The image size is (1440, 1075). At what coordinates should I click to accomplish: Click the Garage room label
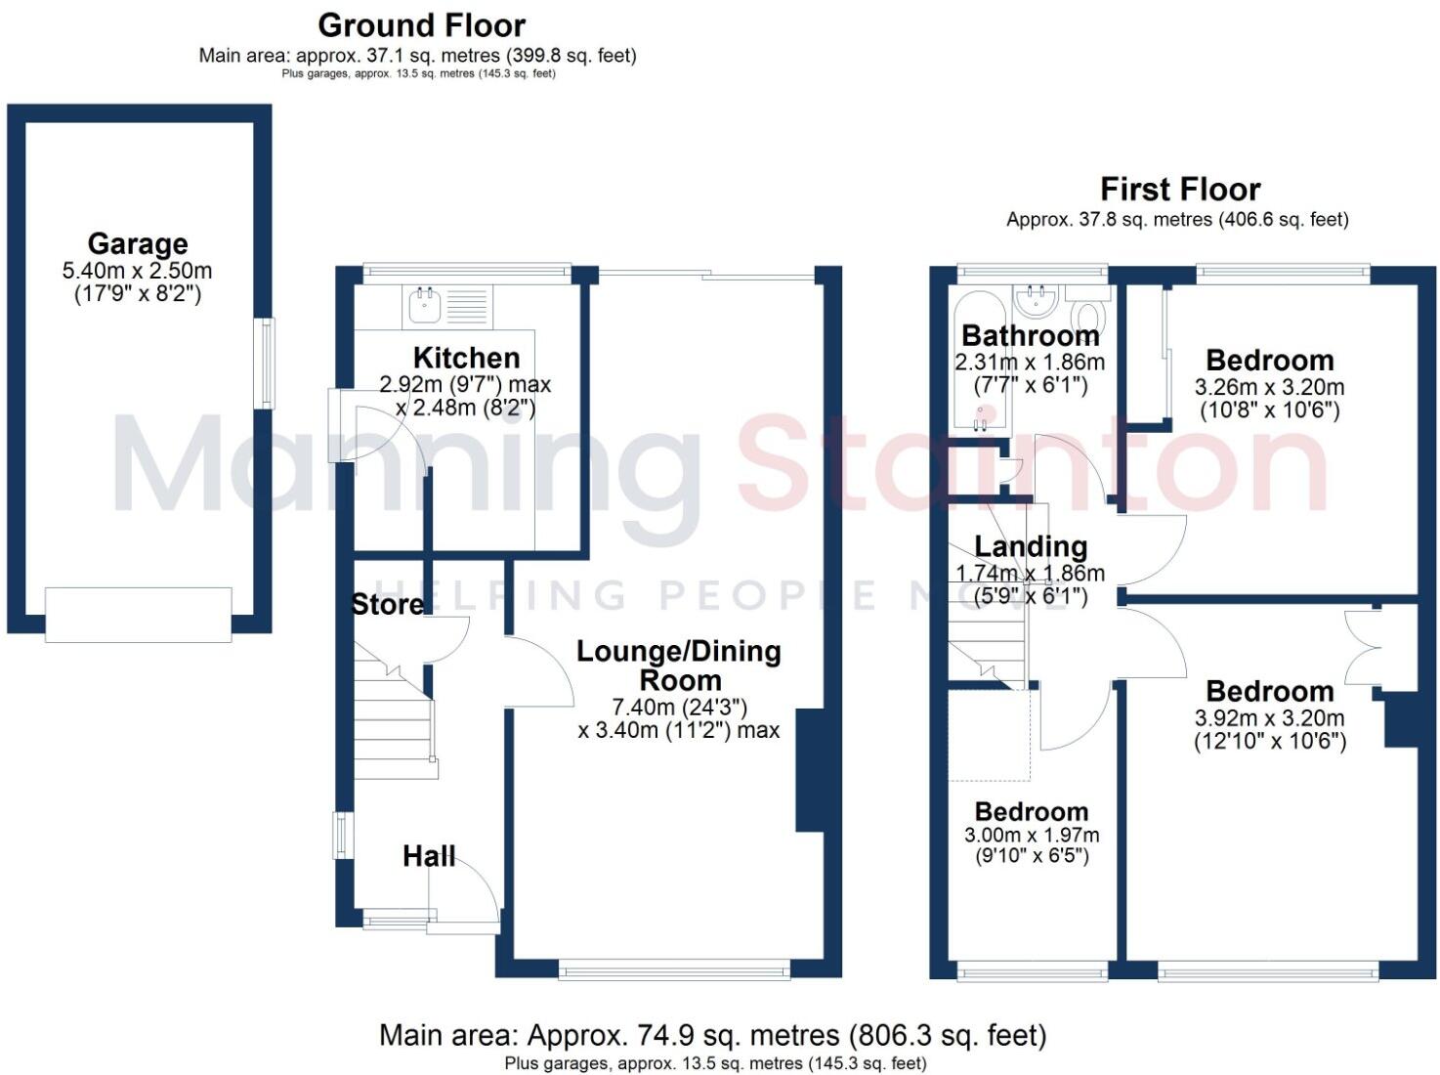pyautogui.click(x=138, y=243)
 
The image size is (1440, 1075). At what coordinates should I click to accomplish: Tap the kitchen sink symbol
pyautogui.click(x=424, y=305)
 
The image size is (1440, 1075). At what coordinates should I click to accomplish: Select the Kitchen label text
pyautogui.click(x=466, y=358)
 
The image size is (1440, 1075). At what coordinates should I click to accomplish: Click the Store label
pyautogui.click(x=387, y=605)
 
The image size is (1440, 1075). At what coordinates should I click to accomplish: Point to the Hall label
pyautogui.click(x=429, y=856)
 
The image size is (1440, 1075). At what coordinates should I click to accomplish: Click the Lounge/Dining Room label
pyautogui.click(x=679, y=666)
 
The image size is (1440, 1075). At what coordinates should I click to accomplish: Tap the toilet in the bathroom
pyautogui.click(x=1087, y=316)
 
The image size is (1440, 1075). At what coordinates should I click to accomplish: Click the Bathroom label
pyautogui.click(x=1030, y=335)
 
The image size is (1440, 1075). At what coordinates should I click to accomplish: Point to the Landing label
pyautogui.click(x=1031, y=546)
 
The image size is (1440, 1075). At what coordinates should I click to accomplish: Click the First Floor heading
pyautogui.click(x=1180, y=189)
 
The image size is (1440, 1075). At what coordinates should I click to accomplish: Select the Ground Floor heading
pyautogui.click(x=421, y=24)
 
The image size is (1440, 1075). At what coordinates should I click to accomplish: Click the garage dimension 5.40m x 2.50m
pyautogui.click(x=137, y=271)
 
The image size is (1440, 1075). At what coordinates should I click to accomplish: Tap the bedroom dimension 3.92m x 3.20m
pyautogui.click(x=1269, y=718)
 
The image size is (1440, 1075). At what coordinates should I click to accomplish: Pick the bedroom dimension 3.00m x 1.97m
pyautogui.click(x=1032, y=836)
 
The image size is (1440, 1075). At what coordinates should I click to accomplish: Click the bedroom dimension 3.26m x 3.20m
pyautogui.click(x=1269, y=387)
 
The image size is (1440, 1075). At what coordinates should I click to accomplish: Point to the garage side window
pyautogui.click(x=265, y=364)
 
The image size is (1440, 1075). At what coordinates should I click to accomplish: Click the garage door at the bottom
pyautogui.click(x=138, y=615)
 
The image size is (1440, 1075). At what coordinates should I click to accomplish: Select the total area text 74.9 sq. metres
pyautogui.click(x=712, y=1035)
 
